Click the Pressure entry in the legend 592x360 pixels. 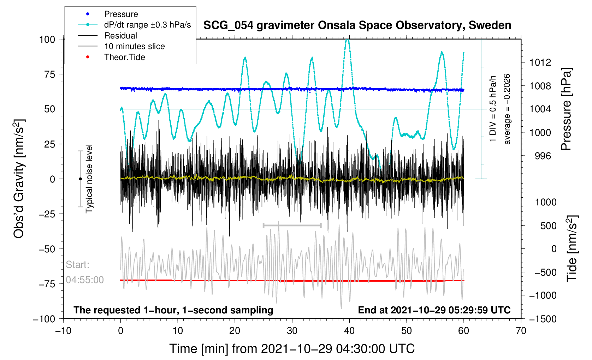point(121,14)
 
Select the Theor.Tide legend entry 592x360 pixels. point(124,57)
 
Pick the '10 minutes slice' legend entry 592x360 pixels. point(134,46)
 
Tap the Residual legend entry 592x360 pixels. point(120,36)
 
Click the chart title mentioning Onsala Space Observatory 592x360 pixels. point(357,25)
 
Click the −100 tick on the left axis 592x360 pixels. point(45,319)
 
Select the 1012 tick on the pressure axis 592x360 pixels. point(540,62)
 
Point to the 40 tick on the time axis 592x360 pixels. point(349,331)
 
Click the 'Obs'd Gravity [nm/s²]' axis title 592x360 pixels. point(19,179)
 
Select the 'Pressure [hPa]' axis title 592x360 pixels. point(567,109)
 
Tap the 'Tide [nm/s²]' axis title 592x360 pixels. point(572,248)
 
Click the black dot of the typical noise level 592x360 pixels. point(80,179)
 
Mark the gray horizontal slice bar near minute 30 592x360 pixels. point(292,225)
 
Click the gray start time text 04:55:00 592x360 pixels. point(85,280)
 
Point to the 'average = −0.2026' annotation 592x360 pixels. point(507,109)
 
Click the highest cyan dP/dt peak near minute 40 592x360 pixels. point(348,40)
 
